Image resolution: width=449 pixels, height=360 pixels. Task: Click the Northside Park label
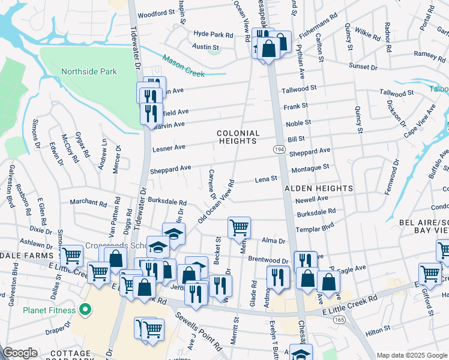click(x=89, y=71)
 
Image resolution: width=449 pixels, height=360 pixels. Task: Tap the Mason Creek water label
click(x=183, y=66)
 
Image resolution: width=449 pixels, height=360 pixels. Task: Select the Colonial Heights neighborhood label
click(x=238, y=137)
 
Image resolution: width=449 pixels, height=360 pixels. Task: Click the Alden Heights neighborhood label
click(x=318, y=188)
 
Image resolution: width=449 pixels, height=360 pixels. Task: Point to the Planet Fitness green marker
click(x=85, y=310)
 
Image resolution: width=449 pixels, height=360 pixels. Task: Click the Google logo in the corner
click(x=20, y=353)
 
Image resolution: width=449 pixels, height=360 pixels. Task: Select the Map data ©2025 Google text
click(x=412, y=355)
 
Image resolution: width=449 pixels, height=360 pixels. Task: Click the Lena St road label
click(x=266, y=179)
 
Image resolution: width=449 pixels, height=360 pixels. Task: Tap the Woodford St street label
click(x=155, y=13)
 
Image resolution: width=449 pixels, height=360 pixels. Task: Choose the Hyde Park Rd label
click(x=212, y=35)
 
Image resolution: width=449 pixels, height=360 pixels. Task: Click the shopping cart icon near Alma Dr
click(x=239, y=228)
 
